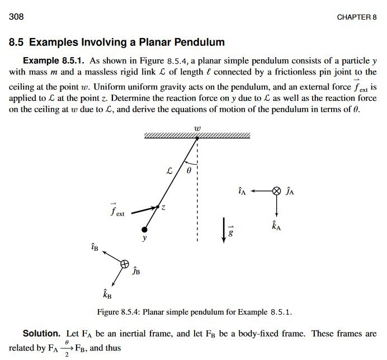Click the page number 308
click(16, 16)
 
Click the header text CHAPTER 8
click(356, 17)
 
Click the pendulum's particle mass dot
click(145, 230)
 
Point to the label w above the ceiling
click(197, 128)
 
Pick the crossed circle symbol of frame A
click(276, 191)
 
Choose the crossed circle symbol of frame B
click(125, 264)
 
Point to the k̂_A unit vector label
click(276, 226)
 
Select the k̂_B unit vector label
click(107, 294)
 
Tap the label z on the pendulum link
click(163, 208)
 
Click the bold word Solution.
click(41, 334)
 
